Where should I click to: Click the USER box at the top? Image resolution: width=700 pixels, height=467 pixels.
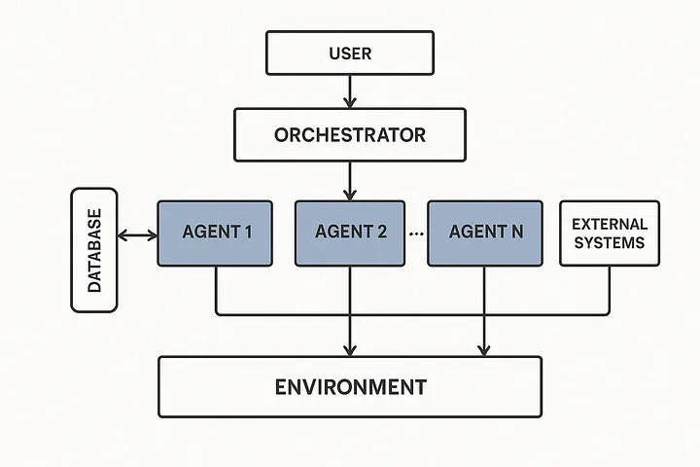click(349, 53)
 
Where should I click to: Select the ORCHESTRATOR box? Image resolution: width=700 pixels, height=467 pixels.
click(349, 134)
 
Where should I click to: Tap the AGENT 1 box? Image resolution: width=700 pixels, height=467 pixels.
click(216, 233)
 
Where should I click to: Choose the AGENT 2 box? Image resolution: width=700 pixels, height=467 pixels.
click(351, 233)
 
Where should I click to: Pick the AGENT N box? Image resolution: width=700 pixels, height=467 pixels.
click(484, 233)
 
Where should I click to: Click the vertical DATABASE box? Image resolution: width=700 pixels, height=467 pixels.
click(94, 250)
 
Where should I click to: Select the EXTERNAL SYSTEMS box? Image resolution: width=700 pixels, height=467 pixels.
click(610, 233)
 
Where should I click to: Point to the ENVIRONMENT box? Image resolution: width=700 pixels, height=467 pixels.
click(349, 387)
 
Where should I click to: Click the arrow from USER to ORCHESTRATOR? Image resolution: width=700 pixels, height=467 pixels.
click(349, 91)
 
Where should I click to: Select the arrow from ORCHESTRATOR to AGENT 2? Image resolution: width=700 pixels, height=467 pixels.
click(349, 181)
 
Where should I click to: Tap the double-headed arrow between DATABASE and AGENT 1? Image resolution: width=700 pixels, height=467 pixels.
click(137, 234)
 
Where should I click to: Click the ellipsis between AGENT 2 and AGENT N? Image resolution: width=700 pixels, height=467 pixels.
click(417, 234)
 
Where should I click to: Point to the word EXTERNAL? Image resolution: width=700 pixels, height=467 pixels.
click(610, 224)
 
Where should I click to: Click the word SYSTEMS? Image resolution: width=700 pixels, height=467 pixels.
click(610, 243)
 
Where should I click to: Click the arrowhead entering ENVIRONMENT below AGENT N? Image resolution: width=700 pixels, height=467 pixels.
click(484, 349)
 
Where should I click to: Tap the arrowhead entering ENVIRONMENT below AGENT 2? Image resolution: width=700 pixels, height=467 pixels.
click(349, 349)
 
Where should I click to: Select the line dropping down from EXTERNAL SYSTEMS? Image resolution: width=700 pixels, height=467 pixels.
click(610, 290)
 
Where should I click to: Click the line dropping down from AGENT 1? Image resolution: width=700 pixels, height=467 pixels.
click(216, 290)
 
